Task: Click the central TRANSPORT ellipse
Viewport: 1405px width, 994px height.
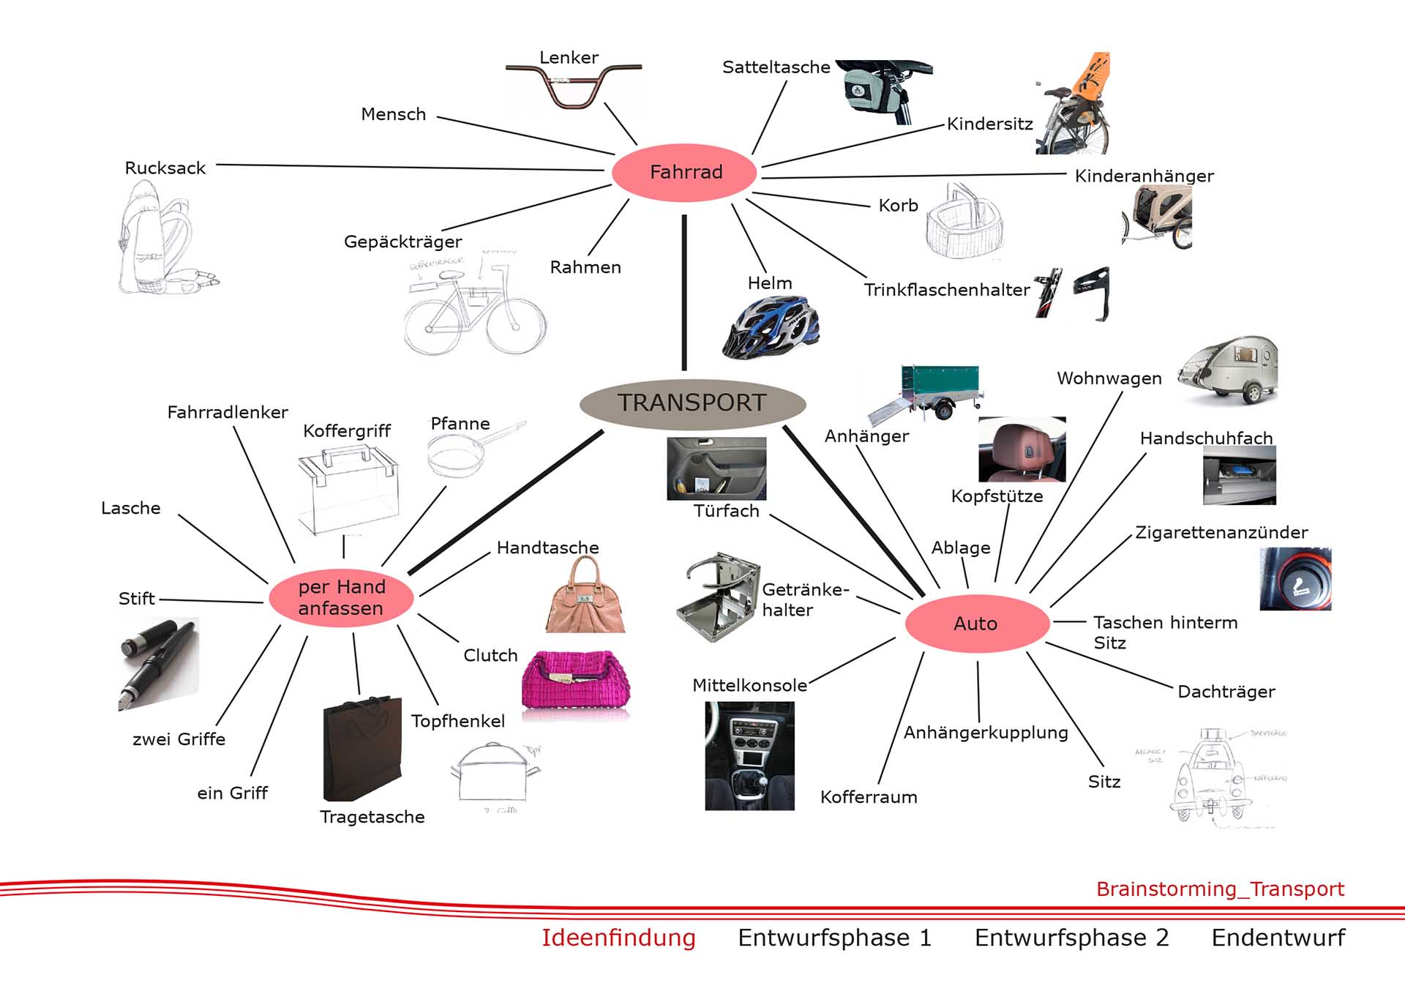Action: coord(692,403)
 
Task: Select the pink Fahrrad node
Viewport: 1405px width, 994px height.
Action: coord(685,172)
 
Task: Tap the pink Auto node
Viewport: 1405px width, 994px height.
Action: coord(976,624)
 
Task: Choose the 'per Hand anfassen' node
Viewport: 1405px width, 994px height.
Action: coord(341,597)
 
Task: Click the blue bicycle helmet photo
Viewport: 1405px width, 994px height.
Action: coord(770,327)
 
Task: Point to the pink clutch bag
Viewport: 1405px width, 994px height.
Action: coord(576,680)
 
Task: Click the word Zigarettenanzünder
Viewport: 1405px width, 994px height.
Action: coord(1221,533)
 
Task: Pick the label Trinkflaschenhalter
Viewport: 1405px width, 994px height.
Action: coord(946,290)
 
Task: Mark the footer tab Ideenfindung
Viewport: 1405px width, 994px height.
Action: coord(618,938)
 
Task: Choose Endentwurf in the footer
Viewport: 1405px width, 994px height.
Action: coord(1278,938)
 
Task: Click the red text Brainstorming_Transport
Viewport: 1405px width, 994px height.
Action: coord(1220,889)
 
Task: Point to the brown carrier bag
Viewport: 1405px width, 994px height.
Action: coord(363,748)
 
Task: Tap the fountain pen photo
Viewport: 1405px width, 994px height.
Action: coord(158,662)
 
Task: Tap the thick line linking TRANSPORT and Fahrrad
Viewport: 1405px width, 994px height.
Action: coord(684,293)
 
